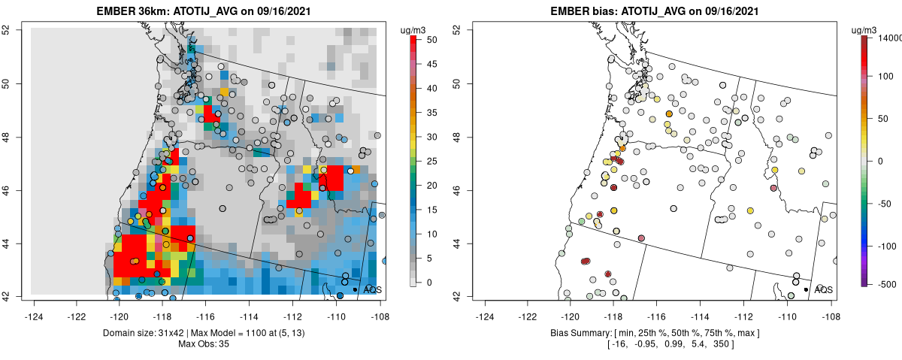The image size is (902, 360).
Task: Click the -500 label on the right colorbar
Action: [x=890, y=284]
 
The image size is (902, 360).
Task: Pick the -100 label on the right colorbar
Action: [x=890, y=246]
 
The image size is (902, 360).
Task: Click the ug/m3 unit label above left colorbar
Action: [x=416, y=29]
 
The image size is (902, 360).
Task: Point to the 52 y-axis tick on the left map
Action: [x=14, y=29]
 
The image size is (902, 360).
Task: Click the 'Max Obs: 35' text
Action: [x=204, y=344]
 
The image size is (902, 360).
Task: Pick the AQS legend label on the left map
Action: [x=373, y=289]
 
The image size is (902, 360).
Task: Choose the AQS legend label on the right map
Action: [x=824, y=289]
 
